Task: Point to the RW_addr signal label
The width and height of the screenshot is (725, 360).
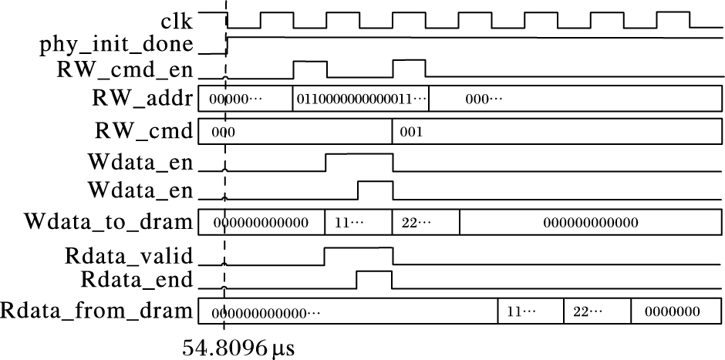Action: [141, 99]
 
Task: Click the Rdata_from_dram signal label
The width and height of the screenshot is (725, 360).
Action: [96, 311]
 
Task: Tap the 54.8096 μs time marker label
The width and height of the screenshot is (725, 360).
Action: [238, 348]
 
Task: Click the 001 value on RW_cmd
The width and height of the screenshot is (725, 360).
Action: [411, 132]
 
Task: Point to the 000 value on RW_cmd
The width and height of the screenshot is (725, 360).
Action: [223, 132]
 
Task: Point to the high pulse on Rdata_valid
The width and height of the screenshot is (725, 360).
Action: [359, 248]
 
